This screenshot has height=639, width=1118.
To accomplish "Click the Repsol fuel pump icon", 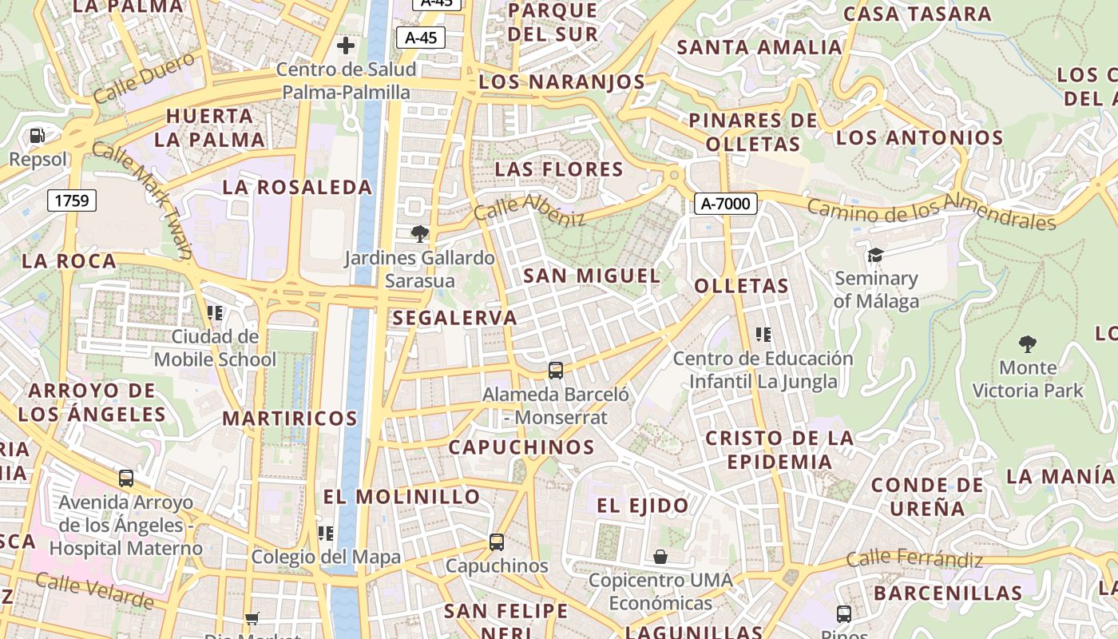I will click(x=37, y=136).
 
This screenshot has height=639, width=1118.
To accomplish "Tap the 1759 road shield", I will click(x=72, y=200).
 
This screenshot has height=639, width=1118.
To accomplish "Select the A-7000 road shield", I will click(x=725, y=204).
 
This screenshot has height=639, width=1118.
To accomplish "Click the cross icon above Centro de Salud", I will click(x=346, y=46).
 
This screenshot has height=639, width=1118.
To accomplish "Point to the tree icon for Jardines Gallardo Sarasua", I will click(x=419, y=234).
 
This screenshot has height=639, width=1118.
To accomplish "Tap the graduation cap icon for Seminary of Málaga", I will click(x=876, y=255).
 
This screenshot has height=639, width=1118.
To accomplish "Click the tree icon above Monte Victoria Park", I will click(x=1028, y=344).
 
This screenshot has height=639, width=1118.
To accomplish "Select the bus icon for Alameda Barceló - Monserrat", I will click(x=556, y=370).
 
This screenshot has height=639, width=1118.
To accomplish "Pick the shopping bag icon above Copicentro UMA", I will click(x=660, y=556).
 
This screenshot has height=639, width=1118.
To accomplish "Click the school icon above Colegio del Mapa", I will click(x=325, y=533).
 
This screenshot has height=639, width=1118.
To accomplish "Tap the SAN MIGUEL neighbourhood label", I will click(x=592, y=276).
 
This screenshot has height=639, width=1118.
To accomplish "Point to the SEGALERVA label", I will click(x=455, y=318).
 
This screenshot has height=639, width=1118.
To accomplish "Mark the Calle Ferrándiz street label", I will click(x=914, y=559).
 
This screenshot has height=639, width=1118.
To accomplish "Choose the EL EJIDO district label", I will click(x=642, y=506).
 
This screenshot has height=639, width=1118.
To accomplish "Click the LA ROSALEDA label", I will click(x=297, y=188).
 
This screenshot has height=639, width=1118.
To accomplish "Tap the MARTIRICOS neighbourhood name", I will click(x=290, y=418).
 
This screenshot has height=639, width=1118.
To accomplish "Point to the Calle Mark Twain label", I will click(x=142, y=200).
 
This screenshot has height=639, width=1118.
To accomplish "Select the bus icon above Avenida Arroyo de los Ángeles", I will click(x=126, y=478).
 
